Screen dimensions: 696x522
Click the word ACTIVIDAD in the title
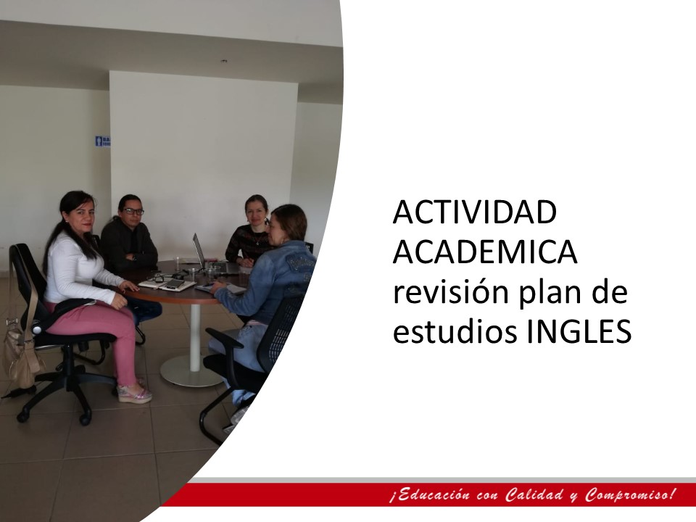coord(474,212)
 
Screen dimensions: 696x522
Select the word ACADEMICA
coord(485,252)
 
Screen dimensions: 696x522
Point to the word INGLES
coord(579,331)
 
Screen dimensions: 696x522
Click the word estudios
coord(455,331)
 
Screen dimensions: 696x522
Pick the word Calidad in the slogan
coord(535,494)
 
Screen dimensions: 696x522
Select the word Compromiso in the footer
coord(628,494)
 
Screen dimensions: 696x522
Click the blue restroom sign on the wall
coord(103,141)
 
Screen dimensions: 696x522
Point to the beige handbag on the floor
coord(21,355)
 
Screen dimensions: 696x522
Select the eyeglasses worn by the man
coord(133,212)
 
